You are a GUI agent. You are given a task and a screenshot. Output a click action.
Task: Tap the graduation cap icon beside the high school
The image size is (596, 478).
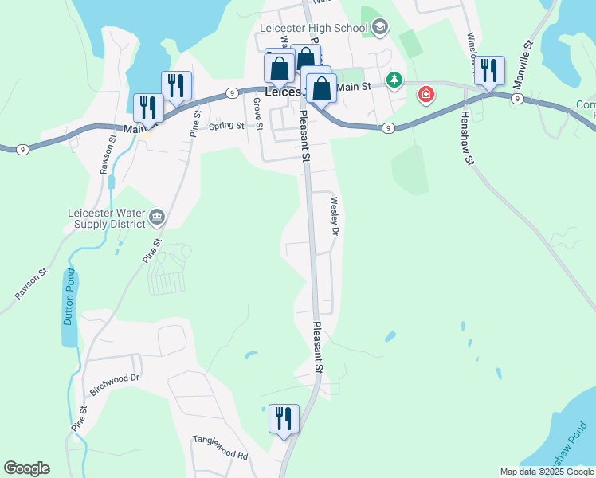[379, 28]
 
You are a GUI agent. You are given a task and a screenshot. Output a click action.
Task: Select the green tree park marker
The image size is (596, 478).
[394, 80]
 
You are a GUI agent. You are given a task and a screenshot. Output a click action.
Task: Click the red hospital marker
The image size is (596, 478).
[427, 96]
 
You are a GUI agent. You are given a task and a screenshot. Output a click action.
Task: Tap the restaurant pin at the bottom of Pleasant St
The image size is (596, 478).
[284, 419]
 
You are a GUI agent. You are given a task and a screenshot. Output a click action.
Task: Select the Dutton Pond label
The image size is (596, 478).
[69, 298]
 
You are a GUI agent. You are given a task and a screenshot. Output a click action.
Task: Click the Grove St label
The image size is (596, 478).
[258, 110]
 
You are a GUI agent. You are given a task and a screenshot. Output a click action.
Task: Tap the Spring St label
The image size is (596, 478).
[226, 126]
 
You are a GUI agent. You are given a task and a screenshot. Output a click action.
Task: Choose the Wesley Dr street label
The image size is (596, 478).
[335, 217]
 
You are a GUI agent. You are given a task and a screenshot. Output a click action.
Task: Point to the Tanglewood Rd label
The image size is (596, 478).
[221, 447]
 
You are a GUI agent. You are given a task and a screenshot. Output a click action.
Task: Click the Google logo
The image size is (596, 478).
[26, 468]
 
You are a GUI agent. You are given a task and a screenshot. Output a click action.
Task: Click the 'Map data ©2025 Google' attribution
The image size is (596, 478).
[547, 472]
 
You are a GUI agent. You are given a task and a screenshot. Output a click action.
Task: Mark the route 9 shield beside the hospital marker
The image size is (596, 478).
[387, 127]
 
